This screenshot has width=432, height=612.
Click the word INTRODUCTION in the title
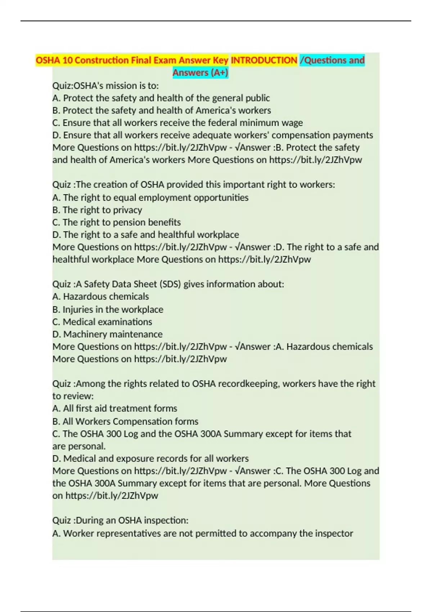(264, 60)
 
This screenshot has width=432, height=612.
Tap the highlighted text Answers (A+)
(200, 73)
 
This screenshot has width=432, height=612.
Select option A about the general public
(161, 98)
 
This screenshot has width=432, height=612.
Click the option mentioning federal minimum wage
(177, 123)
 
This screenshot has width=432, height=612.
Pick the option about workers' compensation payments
(212, 135)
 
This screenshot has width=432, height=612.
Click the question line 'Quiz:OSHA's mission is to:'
(105, 86)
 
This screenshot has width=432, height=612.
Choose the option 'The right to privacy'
(97, 210)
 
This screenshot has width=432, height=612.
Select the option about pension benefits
(117, 222)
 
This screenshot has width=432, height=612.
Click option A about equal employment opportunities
(150, 198)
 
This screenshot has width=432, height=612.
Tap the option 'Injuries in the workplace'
(108, 310)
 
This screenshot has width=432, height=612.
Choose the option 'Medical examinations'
(102, 322)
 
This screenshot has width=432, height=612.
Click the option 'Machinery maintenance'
(107, 334)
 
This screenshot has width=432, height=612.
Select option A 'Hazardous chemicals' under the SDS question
(100, 296)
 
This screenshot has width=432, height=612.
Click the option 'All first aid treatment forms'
(115, 408)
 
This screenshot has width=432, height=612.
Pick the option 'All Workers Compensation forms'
(125, 421)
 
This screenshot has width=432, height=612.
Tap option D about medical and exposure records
(150, 458)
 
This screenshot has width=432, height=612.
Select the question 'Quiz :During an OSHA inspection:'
(120, 520)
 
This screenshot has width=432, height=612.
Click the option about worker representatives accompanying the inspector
(203, 533)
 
